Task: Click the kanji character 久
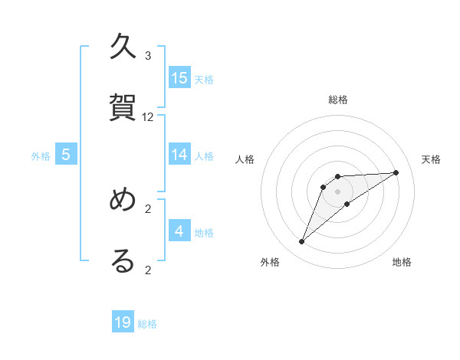pos(123,47)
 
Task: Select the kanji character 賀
pos(123,107)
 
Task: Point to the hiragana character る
pos(123,260)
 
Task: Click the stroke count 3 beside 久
pos(148,56)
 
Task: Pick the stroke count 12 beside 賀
pos(148,117)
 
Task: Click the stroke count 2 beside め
pos(148,208)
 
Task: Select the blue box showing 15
pos(179,78)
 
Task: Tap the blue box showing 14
pos(179,155)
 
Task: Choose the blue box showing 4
pos(179,231)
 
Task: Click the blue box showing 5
pos(66,155)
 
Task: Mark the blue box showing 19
pos(123,322)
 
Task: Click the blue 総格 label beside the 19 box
pos(147,324)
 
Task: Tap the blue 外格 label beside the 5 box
pos(41,156)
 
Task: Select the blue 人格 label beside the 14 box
pos(204,156)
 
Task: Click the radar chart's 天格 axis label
pos(432,159)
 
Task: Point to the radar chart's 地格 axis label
pos(402,262)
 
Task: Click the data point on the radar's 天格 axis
pos(396,172)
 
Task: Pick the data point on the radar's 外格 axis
pos(301,242)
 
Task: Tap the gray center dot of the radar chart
pos(337,191)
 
